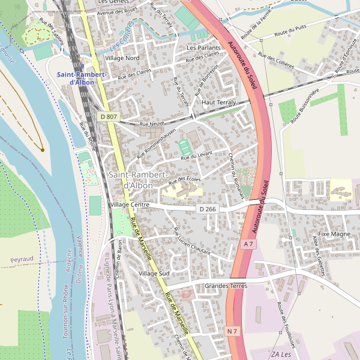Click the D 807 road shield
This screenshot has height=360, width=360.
click(109, 116)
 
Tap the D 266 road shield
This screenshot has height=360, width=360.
click(207, 209)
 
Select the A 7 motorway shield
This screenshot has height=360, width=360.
click(249, 244)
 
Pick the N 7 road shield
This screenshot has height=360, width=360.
click(233, 331)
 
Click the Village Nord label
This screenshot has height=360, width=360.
click(122, 58)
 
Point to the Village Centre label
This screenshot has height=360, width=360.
click(130, 205)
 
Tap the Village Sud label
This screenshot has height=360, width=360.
click(154, 274)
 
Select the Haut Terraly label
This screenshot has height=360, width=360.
click(218, 103)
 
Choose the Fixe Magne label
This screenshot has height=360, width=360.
click(334, 234)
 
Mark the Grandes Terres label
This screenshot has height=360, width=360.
click(226, 286)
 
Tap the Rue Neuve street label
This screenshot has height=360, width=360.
click(152, 124)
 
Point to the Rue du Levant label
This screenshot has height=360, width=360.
click(197, 157)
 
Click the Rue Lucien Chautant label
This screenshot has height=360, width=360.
click(191, 241)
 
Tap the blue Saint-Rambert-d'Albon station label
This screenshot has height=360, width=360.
click(82, 78)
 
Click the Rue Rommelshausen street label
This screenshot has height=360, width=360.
click(157, 143)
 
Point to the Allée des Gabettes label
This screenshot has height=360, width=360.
click(319, 255)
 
